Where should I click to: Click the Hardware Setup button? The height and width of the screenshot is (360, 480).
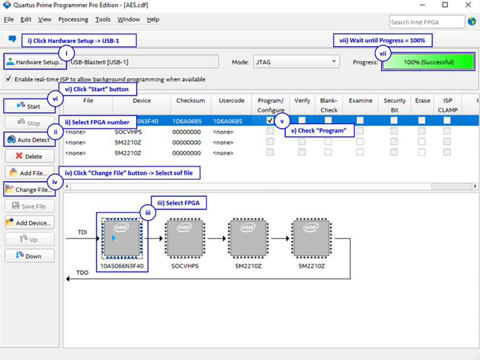pos(35,62)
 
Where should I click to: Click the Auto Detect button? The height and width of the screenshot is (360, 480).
pos(29,139)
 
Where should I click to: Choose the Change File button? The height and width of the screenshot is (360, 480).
pos(29,190)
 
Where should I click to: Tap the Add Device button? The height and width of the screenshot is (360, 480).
pos(30,223)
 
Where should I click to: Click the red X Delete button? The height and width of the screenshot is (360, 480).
pos(30,156)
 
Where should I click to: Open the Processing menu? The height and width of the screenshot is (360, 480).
pos(73,19)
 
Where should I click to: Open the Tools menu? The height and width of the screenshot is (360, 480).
pos(102,19)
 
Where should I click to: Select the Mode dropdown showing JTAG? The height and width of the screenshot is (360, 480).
pos(296,62)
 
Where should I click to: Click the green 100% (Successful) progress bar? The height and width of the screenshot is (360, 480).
pos(428,62)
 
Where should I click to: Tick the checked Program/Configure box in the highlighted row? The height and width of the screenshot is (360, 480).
pos(270,121)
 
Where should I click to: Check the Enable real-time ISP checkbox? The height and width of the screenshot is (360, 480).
pos(8,79)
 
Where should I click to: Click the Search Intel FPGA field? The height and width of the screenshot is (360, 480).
pos(427,22)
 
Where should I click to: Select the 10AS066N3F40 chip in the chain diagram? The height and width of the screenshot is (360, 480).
pos(122,238)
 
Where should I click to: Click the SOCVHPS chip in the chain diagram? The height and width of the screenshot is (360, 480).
pos(185,238)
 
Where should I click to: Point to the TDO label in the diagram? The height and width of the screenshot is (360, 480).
pos(82,273)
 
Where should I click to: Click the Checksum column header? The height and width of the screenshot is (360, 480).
pos(190,101)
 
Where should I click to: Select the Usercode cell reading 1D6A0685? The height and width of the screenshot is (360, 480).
pos(227,121)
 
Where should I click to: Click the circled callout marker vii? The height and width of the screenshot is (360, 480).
pos(382,53)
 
